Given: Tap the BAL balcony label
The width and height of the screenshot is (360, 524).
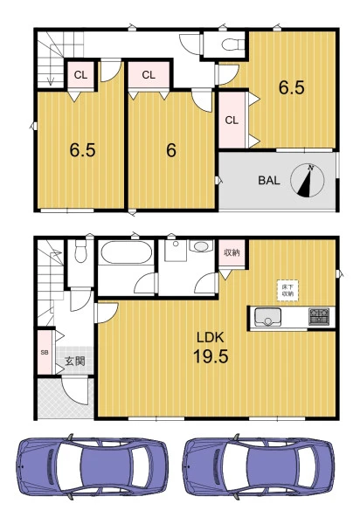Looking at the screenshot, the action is click(269, 181).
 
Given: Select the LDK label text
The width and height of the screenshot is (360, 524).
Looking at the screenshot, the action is click(210, 337).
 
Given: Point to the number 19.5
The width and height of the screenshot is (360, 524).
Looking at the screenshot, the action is click(211, 356).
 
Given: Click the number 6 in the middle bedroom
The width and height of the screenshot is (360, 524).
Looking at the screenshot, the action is click(171, 150).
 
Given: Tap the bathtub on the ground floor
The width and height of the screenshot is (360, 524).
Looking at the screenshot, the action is click(126, 252).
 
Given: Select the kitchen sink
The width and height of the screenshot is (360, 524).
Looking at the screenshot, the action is click(267, 317).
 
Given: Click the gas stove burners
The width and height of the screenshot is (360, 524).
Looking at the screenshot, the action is click(319, 316).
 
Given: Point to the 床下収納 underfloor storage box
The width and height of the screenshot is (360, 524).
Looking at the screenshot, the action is click(287, 291).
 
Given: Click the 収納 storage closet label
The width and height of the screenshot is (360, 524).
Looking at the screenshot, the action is click(232, 252).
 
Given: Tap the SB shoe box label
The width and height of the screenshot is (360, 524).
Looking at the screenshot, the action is click(44, 352).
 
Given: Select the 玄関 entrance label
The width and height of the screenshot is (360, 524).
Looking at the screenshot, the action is click(75, 361).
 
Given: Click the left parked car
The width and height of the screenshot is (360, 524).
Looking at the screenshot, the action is click(92, 466).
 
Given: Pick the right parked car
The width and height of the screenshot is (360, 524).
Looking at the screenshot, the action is click(258, 466).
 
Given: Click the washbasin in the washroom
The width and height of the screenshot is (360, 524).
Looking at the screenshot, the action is click(201, 246).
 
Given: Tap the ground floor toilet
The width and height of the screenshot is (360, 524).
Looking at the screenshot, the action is click(80, 251).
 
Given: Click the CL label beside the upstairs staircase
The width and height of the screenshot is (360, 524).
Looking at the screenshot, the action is click(80, 75).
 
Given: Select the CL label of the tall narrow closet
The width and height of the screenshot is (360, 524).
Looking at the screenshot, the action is click(232, 121).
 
